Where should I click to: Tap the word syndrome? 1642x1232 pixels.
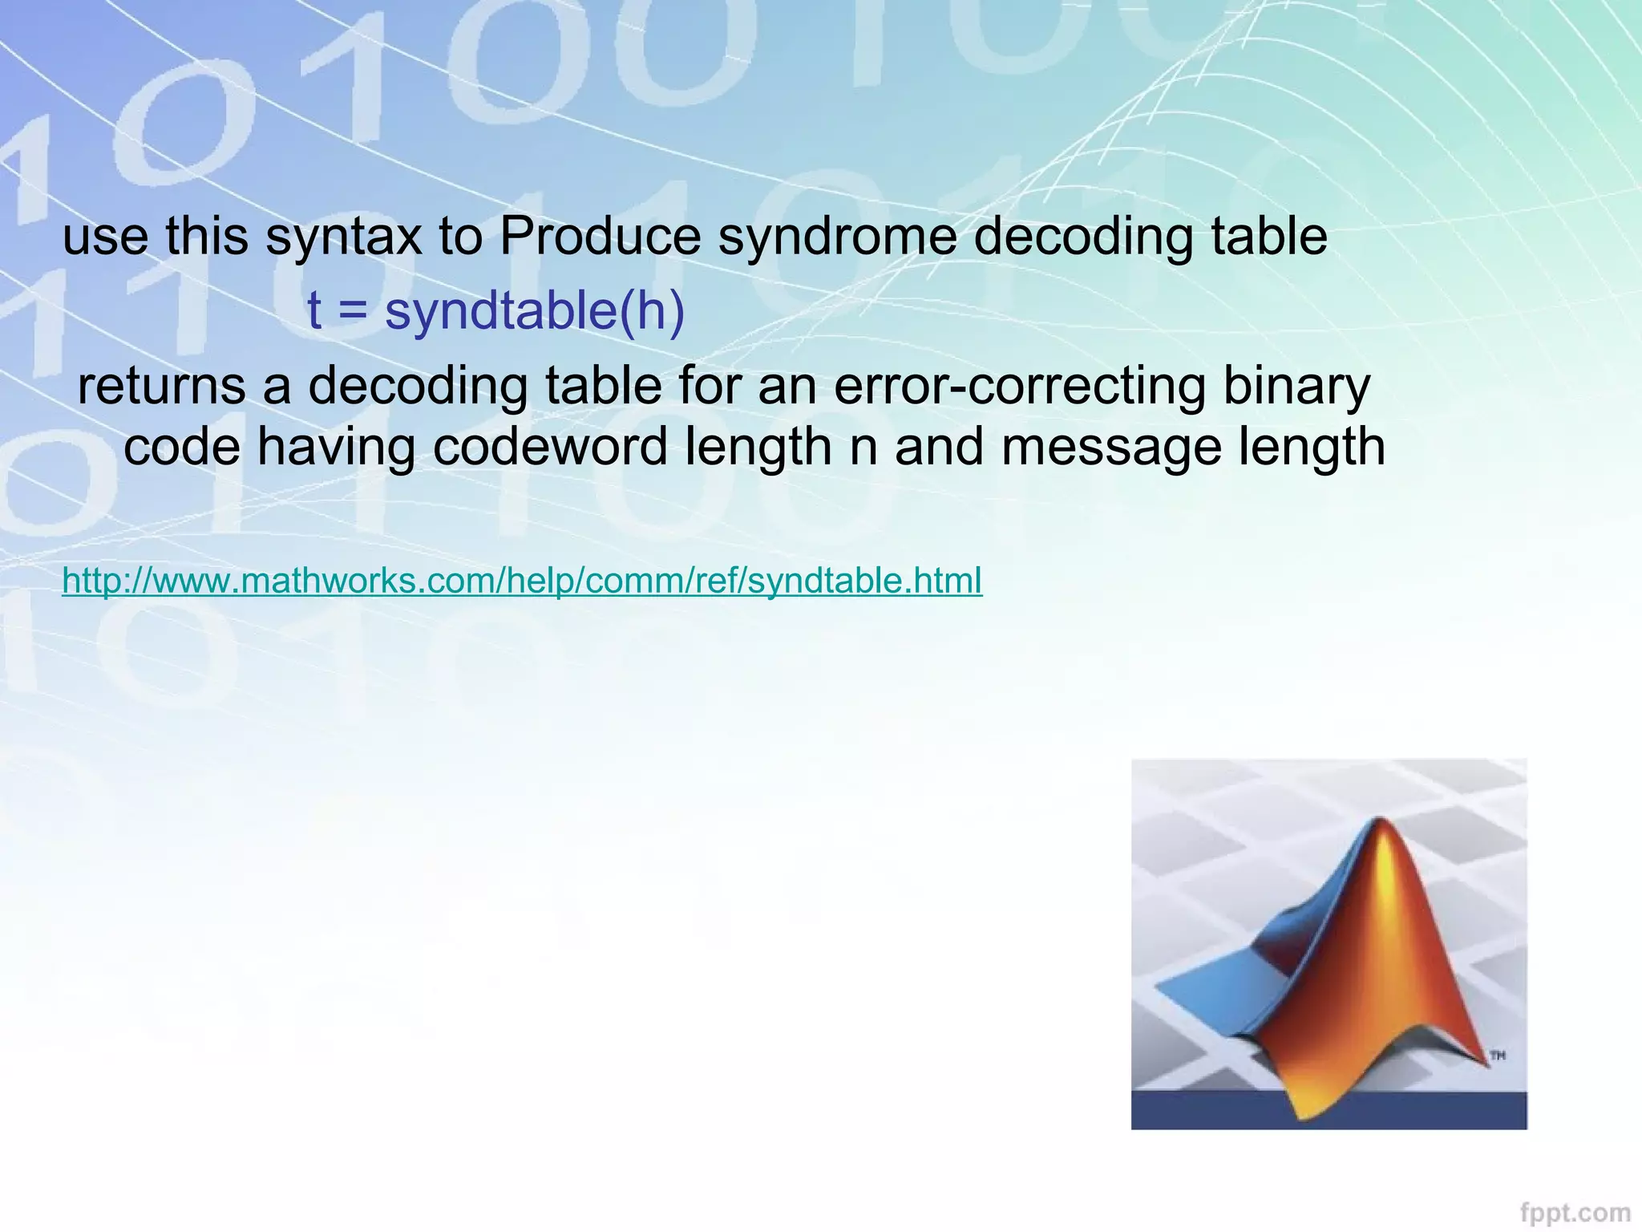(837, 237)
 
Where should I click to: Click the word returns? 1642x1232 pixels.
(162, 386)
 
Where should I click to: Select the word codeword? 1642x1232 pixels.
(551, 446)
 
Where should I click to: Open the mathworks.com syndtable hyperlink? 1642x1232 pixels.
(522, 580)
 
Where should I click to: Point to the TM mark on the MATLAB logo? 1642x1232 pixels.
(1498, 1056)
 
